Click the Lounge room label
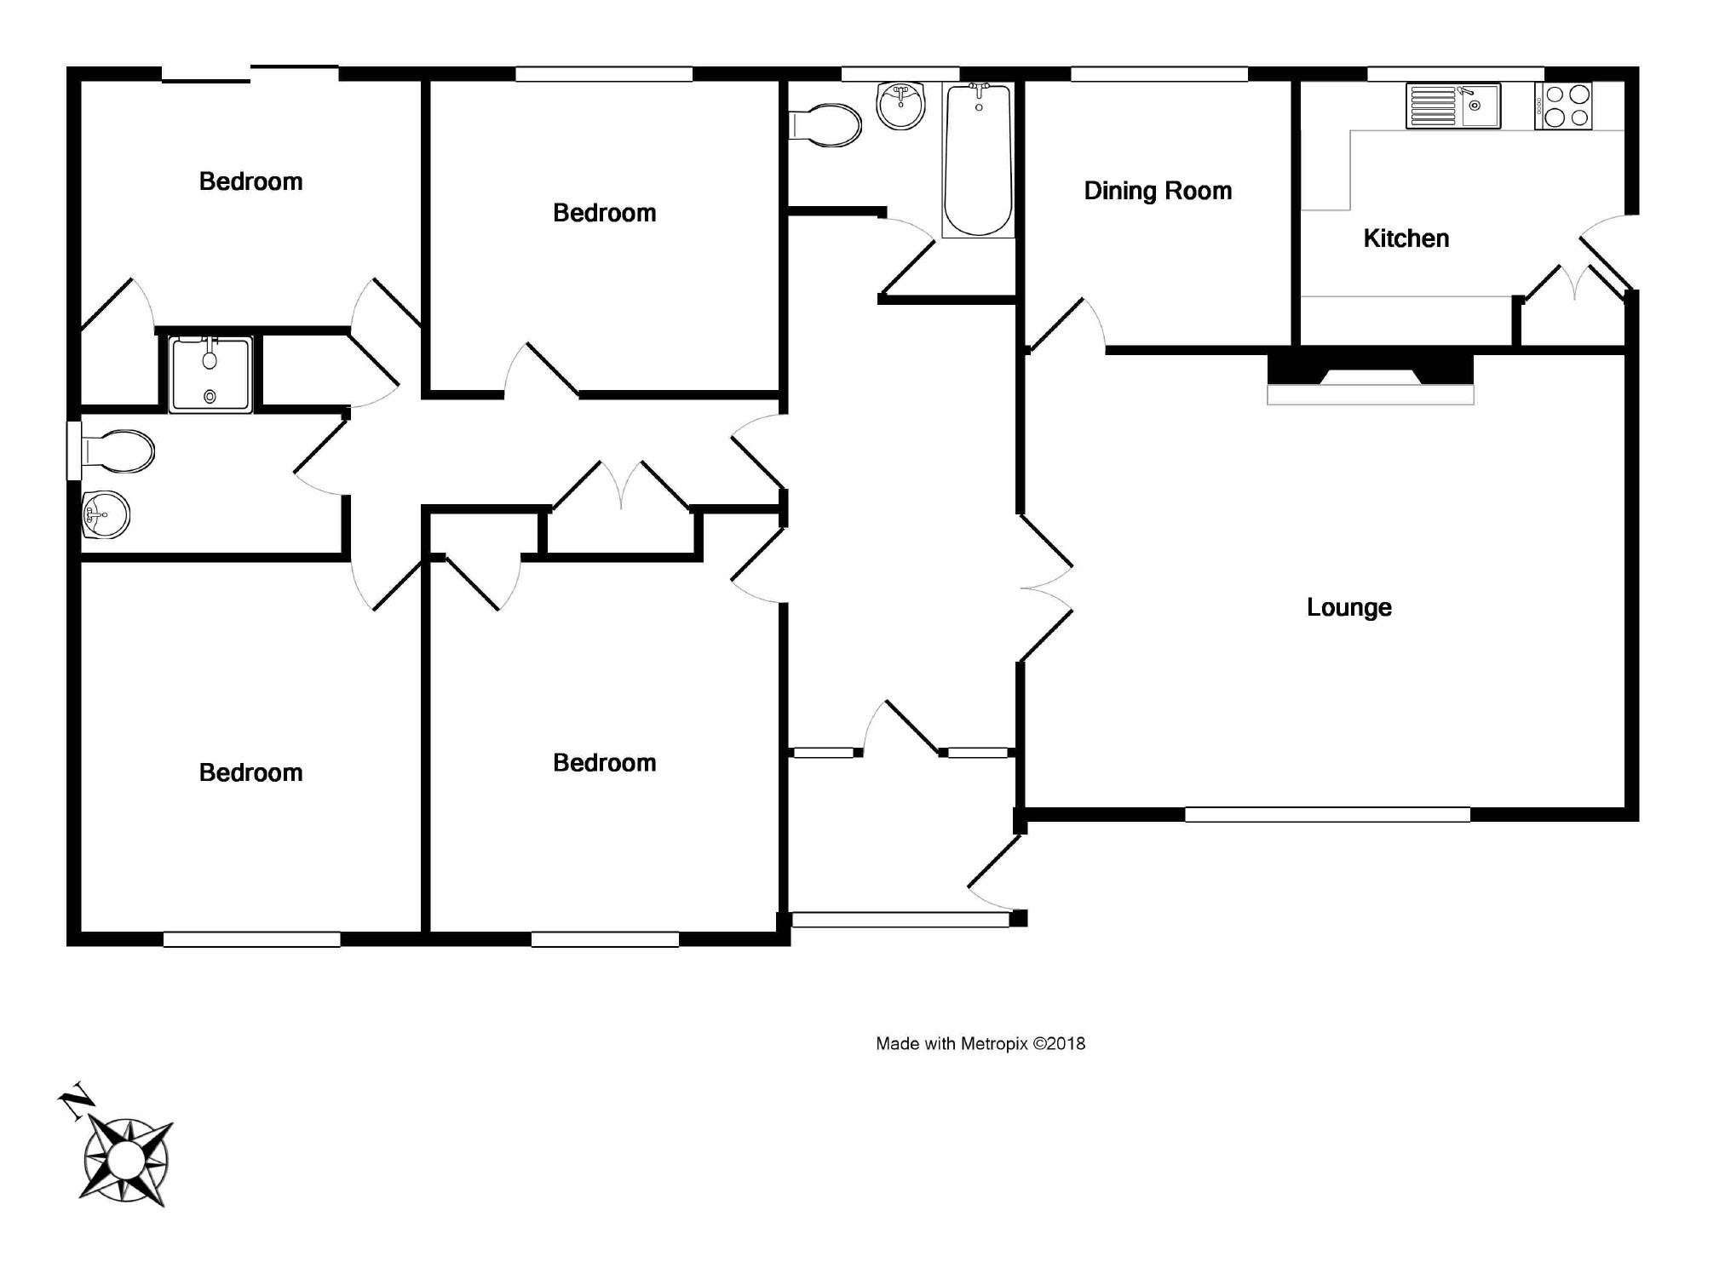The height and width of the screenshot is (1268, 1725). point(1348,607)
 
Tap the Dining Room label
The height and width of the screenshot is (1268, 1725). point(1158,191)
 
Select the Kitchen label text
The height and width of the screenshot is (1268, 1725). point(1406,238)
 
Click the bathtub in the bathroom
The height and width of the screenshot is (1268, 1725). point(978,159)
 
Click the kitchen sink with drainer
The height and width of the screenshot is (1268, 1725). point(1452,106)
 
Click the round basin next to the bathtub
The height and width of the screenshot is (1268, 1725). point(900,106)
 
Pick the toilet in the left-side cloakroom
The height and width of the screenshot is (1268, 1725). point(118,450)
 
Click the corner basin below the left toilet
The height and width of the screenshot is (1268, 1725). point(105,514)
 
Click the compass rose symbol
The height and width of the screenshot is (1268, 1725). point(127,1160)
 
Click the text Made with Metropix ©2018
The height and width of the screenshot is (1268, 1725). point(980,1043)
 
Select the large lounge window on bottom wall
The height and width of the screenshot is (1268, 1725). point(1326,815)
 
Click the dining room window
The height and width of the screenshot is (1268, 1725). point(1159,75)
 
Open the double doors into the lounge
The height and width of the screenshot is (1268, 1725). point(1046,588)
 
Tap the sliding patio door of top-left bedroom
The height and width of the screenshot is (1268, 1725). point(250,74)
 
